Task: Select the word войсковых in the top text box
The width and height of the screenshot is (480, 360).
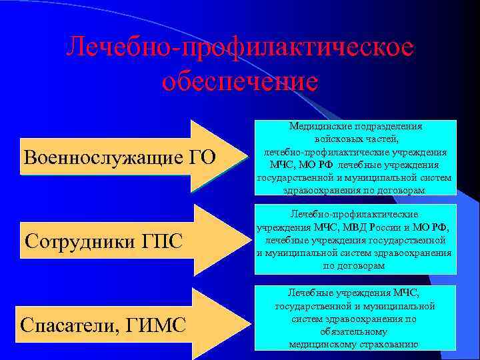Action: click(336, 139)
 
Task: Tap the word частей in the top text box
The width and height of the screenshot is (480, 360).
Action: click(383, 139)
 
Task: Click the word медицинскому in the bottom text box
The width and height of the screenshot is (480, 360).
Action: click(321, 344)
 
